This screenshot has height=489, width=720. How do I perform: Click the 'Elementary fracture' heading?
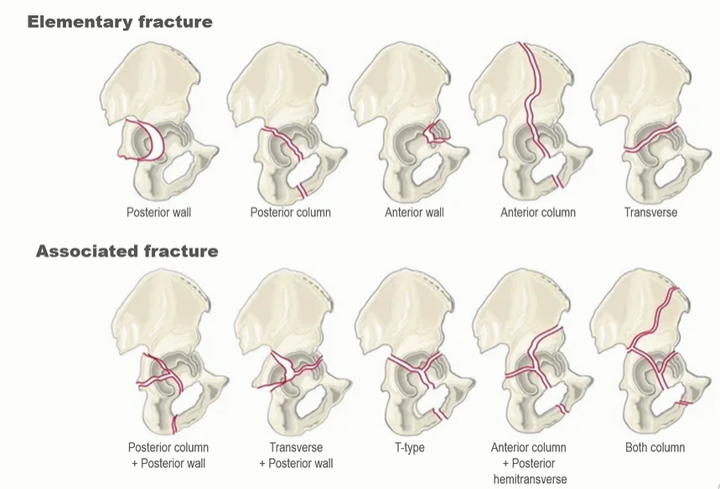pyautogui.click(x=119, y=22)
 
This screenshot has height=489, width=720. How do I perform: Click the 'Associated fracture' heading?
pyautogui.click(x=127, y=251)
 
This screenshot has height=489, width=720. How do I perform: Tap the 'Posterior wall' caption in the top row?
pyautogui.click(x=158, y=212)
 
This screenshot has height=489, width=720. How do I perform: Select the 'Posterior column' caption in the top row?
pyautogui.click(x=290, y=212)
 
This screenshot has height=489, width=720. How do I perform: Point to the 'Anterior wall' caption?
pyautogui.click(x=414, y=212)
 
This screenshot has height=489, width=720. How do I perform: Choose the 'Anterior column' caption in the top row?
pyautogui.click(x=537, y=212)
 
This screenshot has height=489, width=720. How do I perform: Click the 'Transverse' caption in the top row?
pyautogui.click(x=650, y=212)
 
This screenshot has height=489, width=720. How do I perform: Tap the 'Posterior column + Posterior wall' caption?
pyautogui.click(x=168, y=455)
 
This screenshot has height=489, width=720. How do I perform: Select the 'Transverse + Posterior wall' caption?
pyautogui.click(x=296, y=455)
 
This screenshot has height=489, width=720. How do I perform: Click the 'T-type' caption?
pyautogui.click(x=409, y=448)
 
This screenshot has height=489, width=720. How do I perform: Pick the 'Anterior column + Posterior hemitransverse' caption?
pyautogui.click(x=528, y=463)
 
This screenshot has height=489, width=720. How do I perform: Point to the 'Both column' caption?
pyautogui.click(x=655, y=448)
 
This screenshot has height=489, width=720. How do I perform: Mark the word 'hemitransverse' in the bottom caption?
pyautogui.click(x=528, y=479)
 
